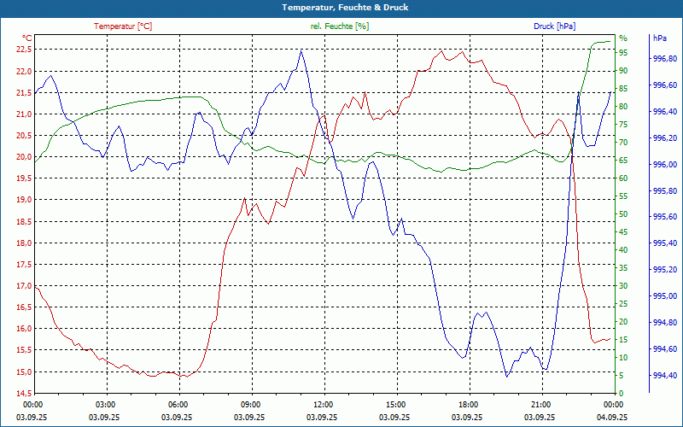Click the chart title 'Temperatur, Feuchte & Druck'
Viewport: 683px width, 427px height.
tap(341, 8)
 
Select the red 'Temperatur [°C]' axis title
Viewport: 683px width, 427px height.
tap(123, 26)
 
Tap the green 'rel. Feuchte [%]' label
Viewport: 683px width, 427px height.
tap(340, 26)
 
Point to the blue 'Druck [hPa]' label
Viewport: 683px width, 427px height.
tap(555, 26)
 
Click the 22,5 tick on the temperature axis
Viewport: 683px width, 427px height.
tap(22, 49)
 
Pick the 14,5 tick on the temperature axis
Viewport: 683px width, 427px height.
tap(22, 393)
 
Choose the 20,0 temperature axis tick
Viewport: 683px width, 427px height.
tap(22, 156)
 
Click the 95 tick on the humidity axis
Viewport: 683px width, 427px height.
tap(623, 52)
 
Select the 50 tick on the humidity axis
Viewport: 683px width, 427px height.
tap(623, 213)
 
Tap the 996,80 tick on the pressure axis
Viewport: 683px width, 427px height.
tap(665, 59)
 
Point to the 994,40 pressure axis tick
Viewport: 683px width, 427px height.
tap(665, 375)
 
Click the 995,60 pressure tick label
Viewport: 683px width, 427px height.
tap(665, 217)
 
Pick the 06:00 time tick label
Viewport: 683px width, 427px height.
tap(178, 404)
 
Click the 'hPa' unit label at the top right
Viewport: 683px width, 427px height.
tap(659, 38)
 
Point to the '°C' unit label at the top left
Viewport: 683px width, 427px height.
tap(26, 38)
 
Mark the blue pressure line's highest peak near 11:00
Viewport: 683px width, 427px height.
tap(301, 50)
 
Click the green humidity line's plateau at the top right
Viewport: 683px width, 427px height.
tap(601, 41)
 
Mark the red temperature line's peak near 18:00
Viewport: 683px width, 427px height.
tap(462, 51)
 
